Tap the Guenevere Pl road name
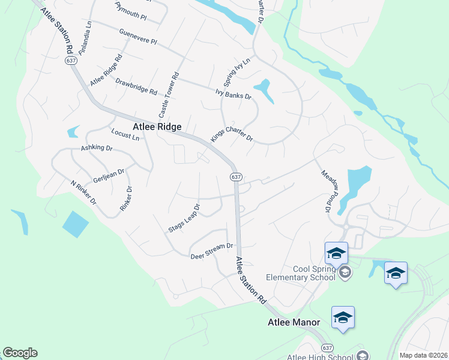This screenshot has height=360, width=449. click(x=137, y=37)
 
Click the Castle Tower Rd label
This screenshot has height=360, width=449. click(x=169, y=94)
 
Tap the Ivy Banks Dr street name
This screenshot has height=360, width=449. click(x=233, y=94)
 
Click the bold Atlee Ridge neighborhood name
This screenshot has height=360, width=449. click(x=156, y=127)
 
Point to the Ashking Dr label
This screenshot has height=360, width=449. click(x=97, y=148)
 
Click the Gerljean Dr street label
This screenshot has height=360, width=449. click(x=109, y=175)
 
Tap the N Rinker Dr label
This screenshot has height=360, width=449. click(x=83, y=193)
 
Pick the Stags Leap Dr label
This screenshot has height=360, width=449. click(x=184, y=218)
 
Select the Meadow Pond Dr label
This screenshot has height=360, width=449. click(x=325, y=190)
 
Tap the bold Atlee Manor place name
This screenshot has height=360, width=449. click(x=294, y=322)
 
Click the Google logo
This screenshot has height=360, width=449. click(x=19, y=353)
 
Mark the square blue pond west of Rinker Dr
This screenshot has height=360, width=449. click(x=74, y=224)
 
